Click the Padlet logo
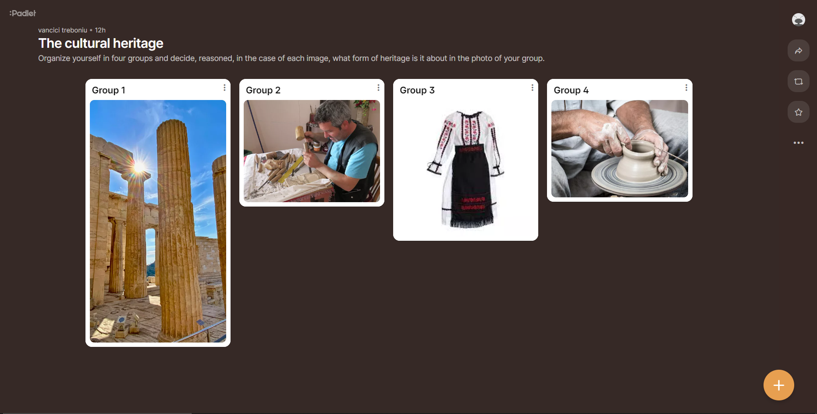[x=23, y=13]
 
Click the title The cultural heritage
[x=101, y=43]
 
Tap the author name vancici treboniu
[x=63, y=30]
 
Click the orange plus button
[x=779, y=385]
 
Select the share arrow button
[x=799, y=51]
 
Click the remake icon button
[x=799, y=82]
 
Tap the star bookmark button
[x=799, y=112]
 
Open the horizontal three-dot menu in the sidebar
[x=799, y=143]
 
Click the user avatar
[x=799, y=20]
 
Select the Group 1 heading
[x=109, y=90]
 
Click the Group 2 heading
[x=263, y=90]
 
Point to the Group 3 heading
[x=417, y=90]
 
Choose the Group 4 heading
[x=571, y=90]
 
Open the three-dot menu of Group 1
[x=224, y=88]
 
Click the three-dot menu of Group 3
[x=533, y=88]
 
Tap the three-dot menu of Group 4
[x=686, y=88]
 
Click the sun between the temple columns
[x=139, y=167]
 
